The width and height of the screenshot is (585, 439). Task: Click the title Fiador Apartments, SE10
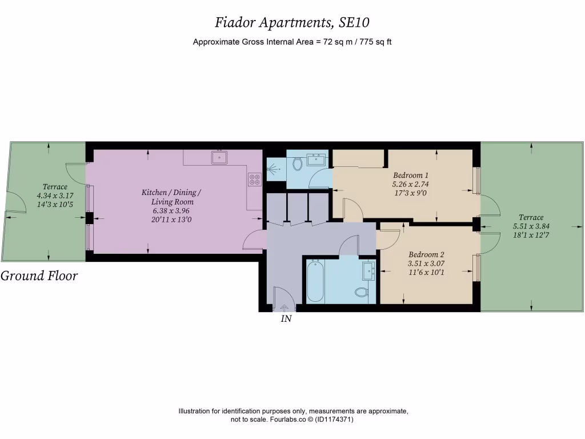point(292,22)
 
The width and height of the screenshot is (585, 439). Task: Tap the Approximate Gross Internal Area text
point(292,42)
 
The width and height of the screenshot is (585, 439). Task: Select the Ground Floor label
point(39,276)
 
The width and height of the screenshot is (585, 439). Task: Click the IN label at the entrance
point(286,320)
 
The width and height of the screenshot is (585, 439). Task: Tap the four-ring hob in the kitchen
point(255,179)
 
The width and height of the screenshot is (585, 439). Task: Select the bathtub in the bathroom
point(315,281)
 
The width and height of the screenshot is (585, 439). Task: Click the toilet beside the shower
point(296,164)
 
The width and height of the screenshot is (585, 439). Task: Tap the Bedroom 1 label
point(410,175)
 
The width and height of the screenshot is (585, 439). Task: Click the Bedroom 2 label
point(426,254)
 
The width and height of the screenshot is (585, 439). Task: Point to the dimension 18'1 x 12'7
point(531,234)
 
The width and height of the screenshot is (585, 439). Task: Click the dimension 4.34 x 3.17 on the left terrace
point(55,195)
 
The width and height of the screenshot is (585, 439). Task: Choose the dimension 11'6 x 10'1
point(426,273)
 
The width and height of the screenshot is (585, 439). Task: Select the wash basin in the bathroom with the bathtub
point(368,272)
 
